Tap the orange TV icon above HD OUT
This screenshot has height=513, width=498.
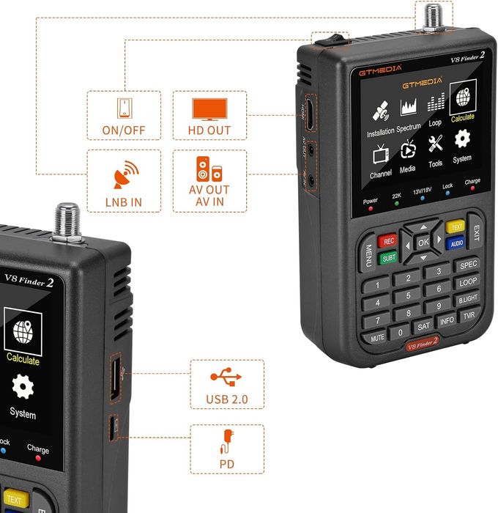(x=209, y=108)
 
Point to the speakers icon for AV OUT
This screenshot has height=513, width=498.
(x=209, y=169)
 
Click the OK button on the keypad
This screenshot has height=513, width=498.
(x=423, y=241)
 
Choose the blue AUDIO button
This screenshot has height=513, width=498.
(x=456, y=243)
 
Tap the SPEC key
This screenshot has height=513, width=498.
(x=468, y=264)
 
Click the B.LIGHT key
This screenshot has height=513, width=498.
(x=468, y=299)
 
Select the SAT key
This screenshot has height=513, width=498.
(x=423, y=326)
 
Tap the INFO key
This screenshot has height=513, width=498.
(x=447, y=321)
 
